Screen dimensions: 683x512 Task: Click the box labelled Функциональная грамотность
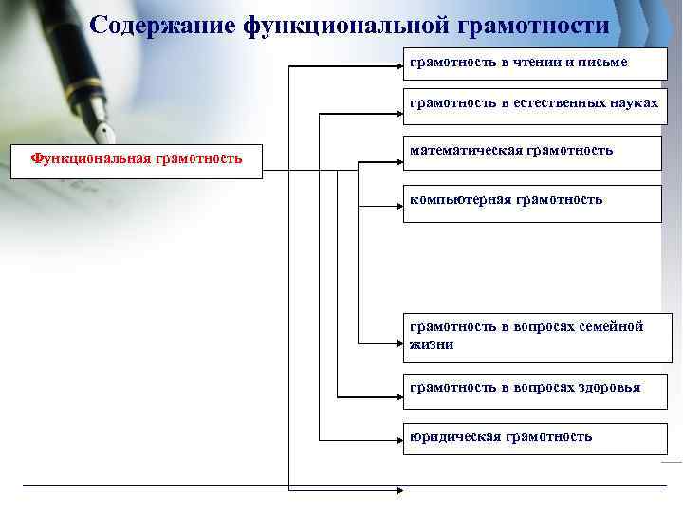(x=137, y=157)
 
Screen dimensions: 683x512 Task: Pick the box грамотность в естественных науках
(x=532, y=105)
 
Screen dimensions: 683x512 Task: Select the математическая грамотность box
(x=532, y=152)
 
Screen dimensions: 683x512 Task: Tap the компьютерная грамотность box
(x=532, y=203)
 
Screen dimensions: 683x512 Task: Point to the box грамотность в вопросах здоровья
(x=532, y=389)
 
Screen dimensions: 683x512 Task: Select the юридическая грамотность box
(x=532, y=438)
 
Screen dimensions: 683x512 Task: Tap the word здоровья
(x=612, y=387)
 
